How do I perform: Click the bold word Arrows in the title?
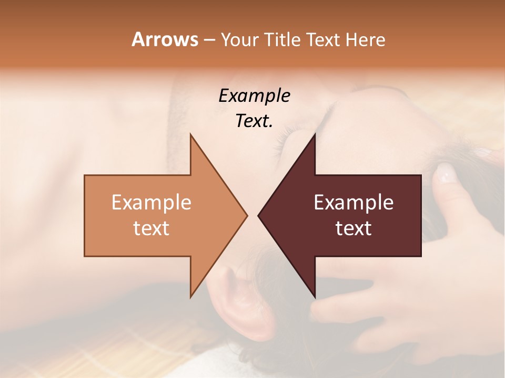point(165,39)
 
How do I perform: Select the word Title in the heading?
point(282,39)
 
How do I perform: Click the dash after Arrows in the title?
point(208,40)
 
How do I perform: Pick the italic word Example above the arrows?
point(254,96)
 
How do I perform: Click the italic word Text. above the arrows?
point(254,121)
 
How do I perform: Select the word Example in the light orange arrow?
point(151,203)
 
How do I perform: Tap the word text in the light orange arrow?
point(151,228)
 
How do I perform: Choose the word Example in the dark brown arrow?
point(353,203)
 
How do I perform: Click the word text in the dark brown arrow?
point(353,228)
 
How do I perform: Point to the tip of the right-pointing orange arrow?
point(247,215)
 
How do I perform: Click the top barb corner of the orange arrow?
point(191,135)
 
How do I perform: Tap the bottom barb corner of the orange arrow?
point(191,297)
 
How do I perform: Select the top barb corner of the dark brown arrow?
point(315,135)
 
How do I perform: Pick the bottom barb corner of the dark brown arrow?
point(315,297)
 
